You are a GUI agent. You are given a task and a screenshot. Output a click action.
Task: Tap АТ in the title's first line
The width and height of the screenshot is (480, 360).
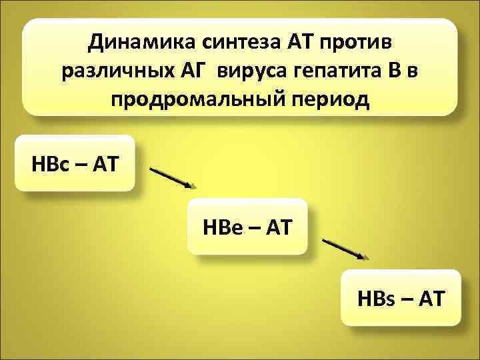click(x=300, y=43)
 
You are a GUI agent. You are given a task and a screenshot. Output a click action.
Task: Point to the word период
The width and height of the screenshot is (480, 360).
click(x=323, y=100)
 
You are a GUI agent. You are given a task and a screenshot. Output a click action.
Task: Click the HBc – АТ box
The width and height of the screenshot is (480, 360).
click(x=75, y=163)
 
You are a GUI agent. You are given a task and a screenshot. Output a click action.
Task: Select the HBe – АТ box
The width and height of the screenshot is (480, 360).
click(x=247, y=227)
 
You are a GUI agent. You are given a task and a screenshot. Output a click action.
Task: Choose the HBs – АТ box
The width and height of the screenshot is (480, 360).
click(x=401, y=297)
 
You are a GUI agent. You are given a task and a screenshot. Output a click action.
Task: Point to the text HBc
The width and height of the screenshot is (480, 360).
click(x=51, y=163)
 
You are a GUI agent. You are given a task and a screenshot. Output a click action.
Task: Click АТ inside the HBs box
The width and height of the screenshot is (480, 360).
click(x=431, y=297)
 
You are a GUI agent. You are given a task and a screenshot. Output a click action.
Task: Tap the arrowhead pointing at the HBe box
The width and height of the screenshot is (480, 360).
click(x=191, y=186)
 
